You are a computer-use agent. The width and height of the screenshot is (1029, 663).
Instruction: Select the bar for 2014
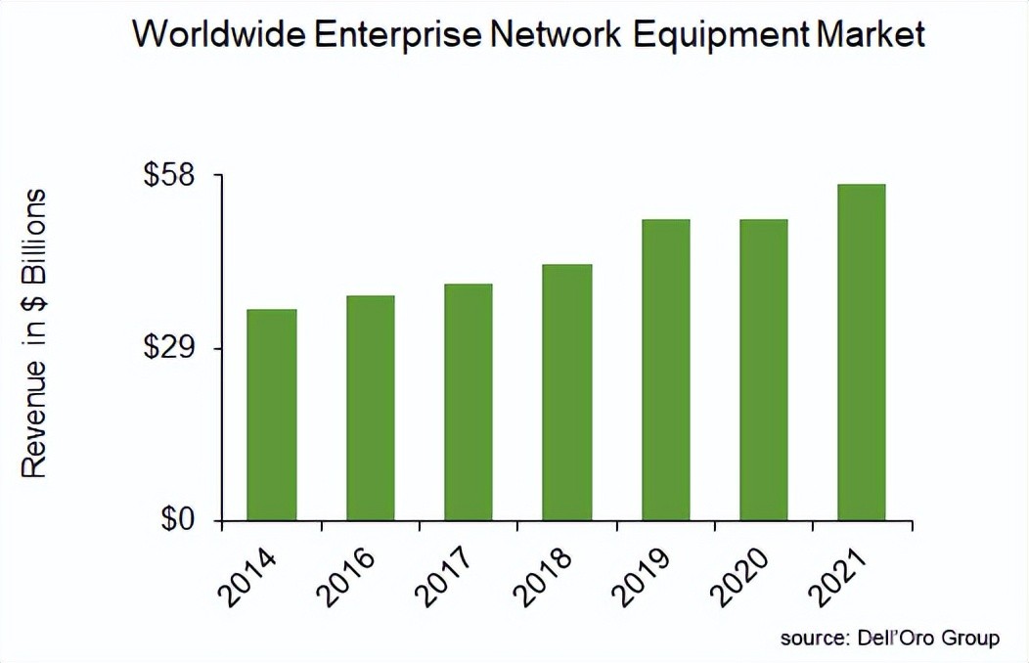[271, 415]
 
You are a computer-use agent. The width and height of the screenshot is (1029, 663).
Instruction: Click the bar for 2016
[371, 408]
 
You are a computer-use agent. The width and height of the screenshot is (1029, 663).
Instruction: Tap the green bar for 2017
[468, 402]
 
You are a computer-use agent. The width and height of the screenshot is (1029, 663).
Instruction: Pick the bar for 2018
[567, 392]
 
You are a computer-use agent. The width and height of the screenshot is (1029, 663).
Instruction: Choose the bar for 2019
[665, 370]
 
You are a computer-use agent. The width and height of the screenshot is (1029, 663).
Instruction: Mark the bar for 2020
[763, 370]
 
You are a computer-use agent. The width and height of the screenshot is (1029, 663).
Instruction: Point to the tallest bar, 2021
[862, 352]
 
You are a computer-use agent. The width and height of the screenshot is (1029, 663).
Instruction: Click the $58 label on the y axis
[170, 175]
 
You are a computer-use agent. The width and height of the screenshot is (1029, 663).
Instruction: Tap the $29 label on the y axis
[170, 348]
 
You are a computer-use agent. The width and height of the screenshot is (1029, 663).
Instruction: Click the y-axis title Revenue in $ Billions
[35, 332]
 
